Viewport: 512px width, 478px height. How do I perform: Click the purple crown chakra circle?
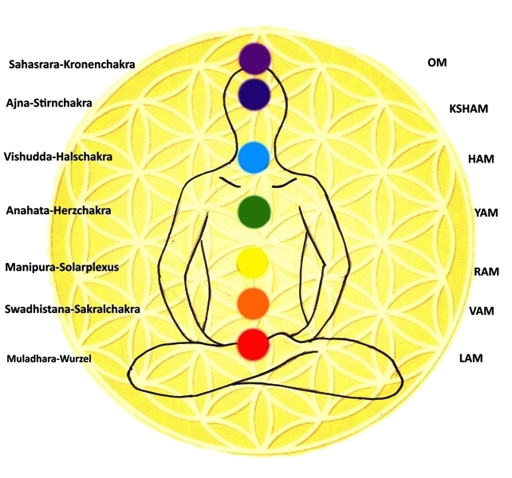[254, 59]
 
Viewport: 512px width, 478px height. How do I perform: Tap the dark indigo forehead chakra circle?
[254, 94]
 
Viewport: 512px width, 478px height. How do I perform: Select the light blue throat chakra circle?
[254, 158]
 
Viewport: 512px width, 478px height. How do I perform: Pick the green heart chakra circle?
[254, 212]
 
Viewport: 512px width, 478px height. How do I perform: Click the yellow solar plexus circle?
[252, 263]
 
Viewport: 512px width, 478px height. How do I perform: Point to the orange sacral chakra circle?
[253, 304]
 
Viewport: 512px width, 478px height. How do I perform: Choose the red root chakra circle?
[253, 344]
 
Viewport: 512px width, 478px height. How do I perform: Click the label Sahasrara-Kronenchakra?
[72, 65]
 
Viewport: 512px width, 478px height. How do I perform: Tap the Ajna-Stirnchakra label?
[49, 103]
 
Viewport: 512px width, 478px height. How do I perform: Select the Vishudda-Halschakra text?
[58, 157]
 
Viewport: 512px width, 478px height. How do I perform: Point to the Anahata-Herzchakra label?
[59, 210]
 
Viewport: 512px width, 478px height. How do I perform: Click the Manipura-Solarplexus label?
[62, 267]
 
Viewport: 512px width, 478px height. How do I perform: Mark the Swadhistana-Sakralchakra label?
[72, 309]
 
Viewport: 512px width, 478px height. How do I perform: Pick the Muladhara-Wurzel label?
[49, 358]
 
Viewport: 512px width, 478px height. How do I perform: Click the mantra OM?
[437, 62]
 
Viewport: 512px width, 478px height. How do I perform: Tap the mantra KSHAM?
[469, 108]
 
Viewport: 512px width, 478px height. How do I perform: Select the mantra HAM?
[481, 159]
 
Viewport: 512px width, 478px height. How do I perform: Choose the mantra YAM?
[486, 213]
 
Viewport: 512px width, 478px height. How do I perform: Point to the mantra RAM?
[486, 272]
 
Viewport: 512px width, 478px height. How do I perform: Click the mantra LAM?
[471, 358]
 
